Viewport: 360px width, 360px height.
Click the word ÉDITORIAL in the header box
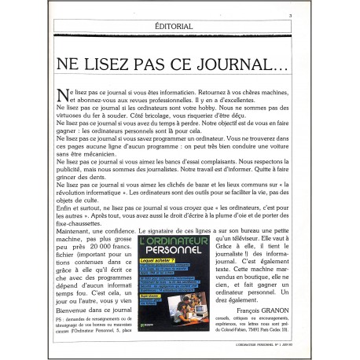(174, 26)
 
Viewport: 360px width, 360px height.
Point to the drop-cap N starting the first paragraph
(63, 94)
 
